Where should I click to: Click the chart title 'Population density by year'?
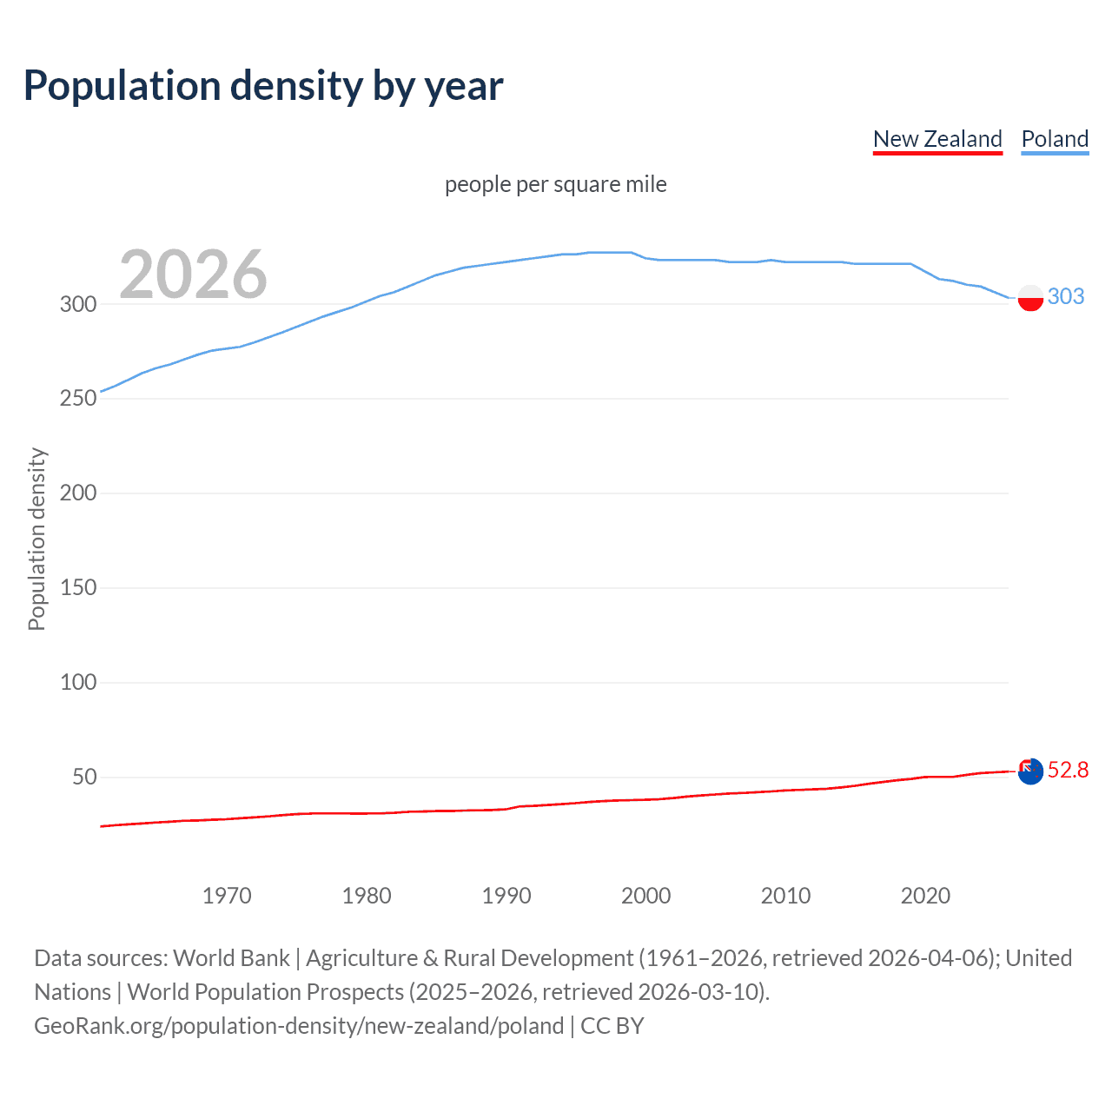coord(263,86)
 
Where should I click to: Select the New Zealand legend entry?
coord(937,139)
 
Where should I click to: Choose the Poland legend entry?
coord(1055,139)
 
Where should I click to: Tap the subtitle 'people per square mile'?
coord(556,184)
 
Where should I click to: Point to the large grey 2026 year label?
coord(193,275)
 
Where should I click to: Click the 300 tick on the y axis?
coord(78,304)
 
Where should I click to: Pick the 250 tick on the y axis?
coord(78,399)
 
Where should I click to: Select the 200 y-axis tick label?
coord(78,493)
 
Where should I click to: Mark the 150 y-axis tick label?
coord(78,588)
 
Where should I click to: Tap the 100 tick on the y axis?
coord(78,683)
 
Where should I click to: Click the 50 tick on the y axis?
coord(84,778)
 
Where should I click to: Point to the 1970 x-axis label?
coord(227,896)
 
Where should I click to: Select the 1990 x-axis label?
coord(506,896)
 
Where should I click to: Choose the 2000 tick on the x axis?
coord(646,896)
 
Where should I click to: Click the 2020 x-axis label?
coord(925,896)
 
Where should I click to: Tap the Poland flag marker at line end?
coord(1030,297)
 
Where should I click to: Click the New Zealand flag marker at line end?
coord(1030,771)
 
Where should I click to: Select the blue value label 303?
coord(1066,296)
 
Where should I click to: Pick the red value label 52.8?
coord(1068,770)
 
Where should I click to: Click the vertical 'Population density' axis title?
coord(36,539)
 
